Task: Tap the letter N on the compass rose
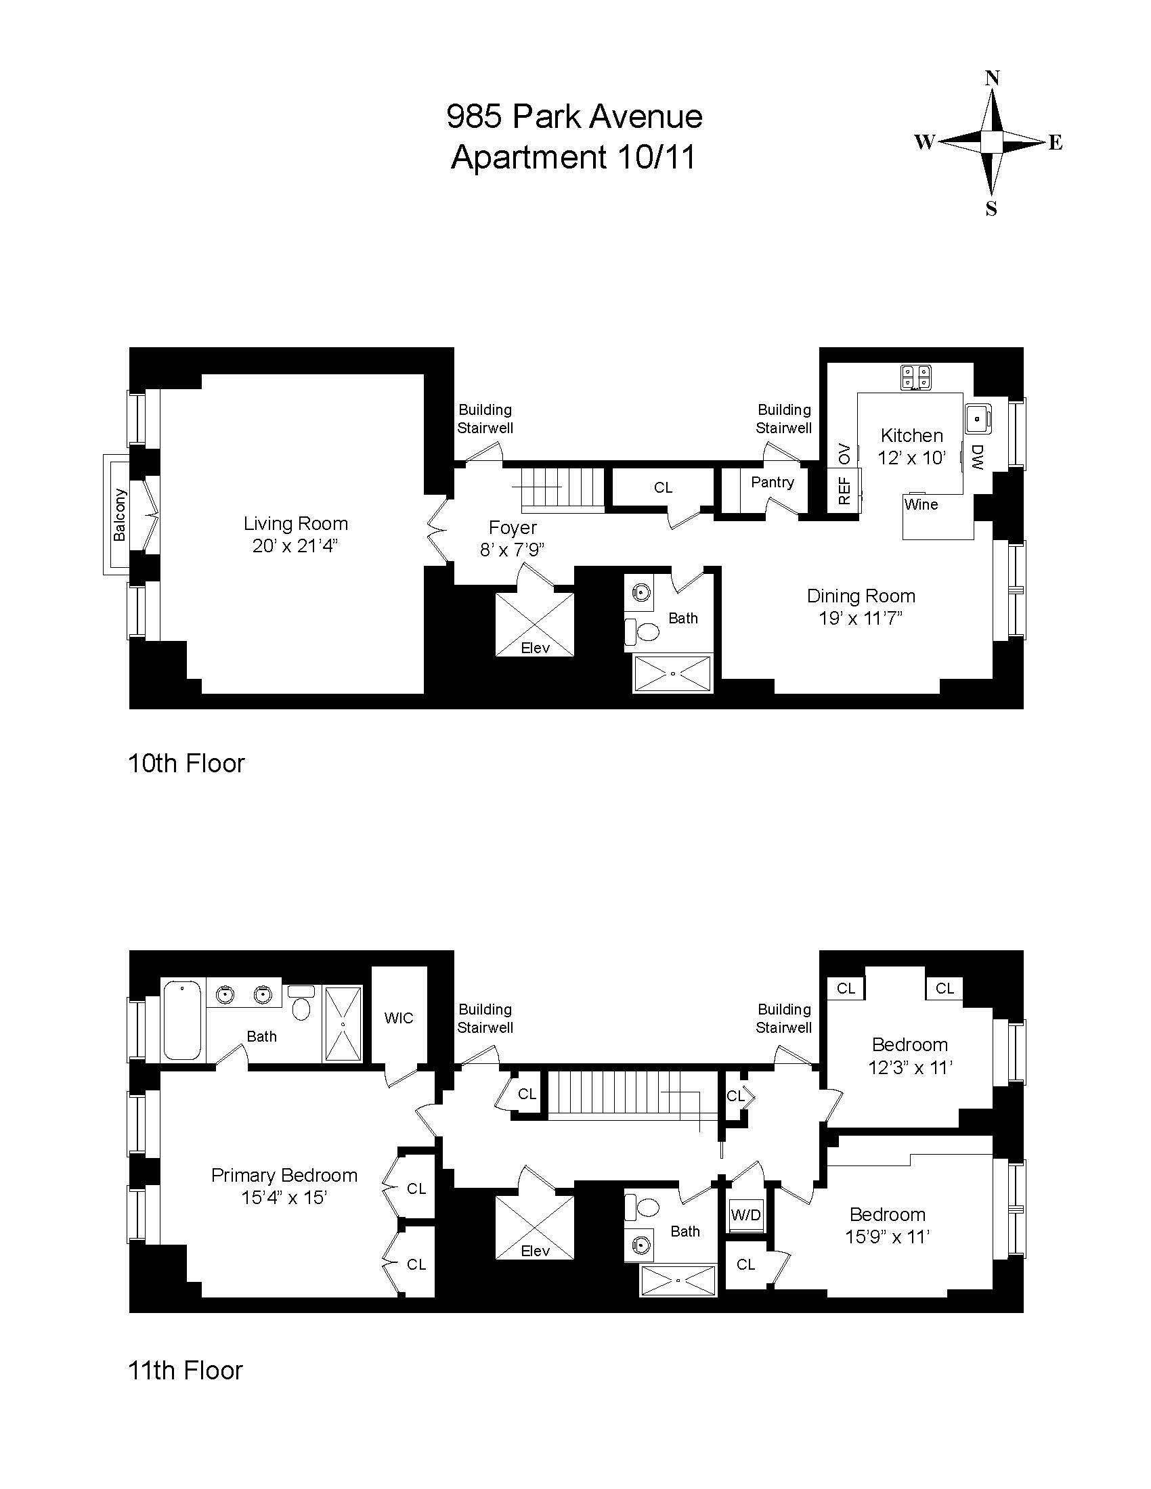click(993, 79)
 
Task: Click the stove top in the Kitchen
click(916, 378)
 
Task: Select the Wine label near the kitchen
click(921, 504)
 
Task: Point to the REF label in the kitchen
click(844, 490)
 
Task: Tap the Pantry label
click(772, 482)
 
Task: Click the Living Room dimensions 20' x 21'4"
click(295, 546)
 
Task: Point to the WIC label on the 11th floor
click(398, 1018)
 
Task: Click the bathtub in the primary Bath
click(182, 1020)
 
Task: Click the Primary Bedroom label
click(284, 1175)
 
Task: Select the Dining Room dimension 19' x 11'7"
click(861, 619)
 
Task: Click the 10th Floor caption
click(186, 763)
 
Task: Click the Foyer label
click(512, 527)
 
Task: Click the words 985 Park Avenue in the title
click(574, 116)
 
